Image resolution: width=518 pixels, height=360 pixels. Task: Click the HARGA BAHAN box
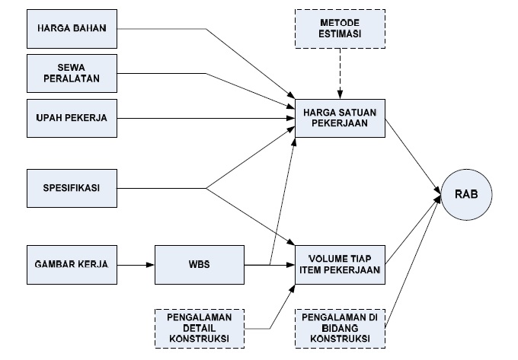click(73, 29)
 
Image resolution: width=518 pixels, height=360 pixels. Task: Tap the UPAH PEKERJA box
click(73, 119)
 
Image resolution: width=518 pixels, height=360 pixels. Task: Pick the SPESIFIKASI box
click(73, 187)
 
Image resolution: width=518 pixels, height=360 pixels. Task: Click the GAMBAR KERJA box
click(73, 264)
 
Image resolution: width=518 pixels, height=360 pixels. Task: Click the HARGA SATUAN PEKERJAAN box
click(340, 118)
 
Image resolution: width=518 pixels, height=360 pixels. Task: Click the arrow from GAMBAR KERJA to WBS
click(137, 264)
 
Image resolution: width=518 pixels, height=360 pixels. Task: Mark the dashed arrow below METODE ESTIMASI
click(340, 76)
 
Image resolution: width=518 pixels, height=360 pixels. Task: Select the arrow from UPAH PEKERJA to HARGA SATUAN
click(206, 119)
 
